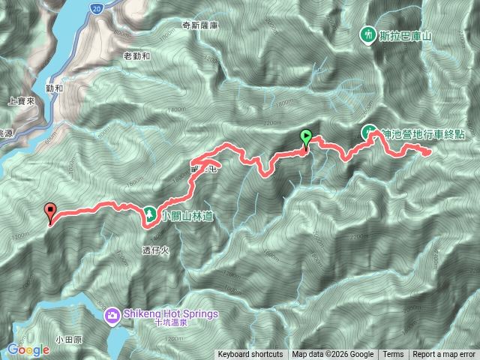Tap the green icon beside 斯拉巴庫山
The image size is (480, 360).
[x=367, y=34]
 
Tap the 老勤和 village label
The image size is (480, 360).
[x=136, y=55]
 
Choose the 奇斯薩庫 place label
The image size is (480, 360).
[x=199, y=24]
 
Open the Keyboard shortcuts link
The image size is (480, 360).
[x=250, y=355]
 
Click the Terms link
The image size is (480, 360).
[x=393, y=355]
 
